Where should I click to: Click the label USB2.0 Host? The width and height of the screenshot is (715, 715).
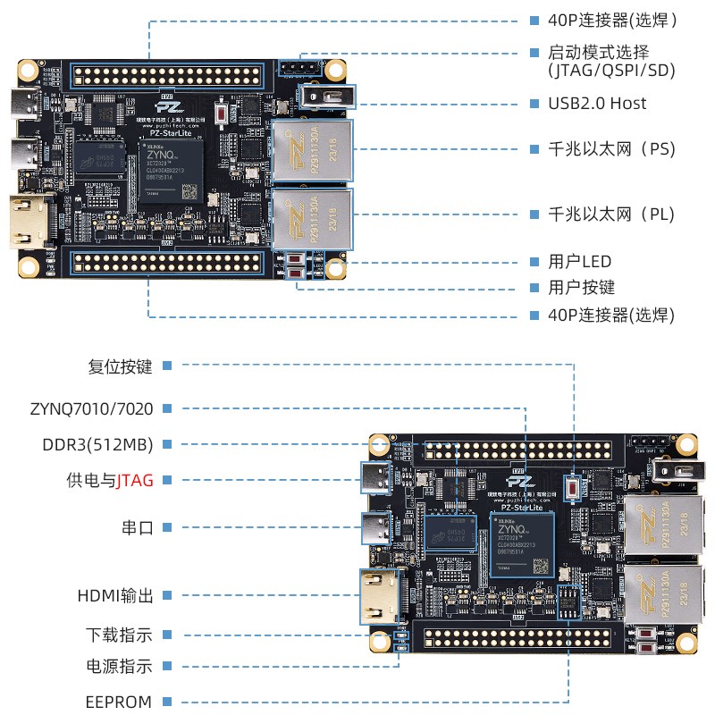coord(597,104)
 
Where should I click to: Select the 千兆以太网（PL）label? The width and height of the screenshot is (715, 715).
coord(610,214)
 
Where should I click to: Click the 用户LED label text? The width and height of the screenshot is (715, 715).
coord(579,262)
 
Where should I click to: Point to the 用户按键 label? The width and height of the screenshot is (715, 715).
coord(581,288)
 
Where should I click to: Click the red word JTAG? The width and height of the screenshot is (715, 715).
coord(136,480)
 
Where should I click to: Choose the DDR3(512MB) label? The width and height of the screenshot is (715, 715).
coord(97,444)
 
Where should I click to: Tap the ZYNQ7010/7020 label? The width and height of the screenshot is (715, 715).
coord(91,408)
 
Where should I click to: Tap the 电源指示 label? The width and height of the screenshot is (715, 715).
coord(119,667)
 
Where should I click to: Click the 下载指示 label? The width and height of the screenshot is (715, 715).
coord(119,635)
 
